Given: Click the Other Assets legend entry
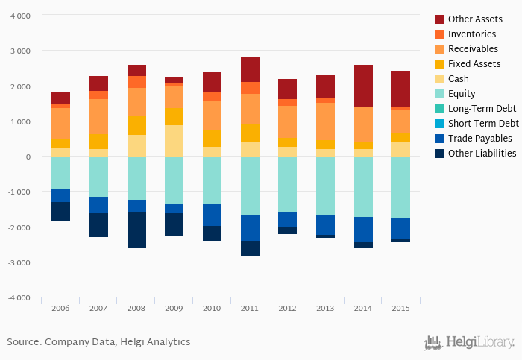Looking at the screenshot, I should click(474, 19).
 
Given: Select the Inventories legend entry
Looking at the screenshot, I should click(472, 34).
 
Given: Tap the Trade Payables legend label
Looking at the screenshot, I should click(479, 138).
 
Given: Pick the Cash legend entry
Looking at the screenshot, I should click(459, 78).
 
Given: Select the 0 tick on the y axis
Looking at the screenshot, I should click(28, 157).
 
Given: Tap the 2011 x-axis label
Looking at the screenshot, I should click(250, 308).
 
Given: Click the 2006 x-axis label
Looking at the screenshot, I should click(61, 308).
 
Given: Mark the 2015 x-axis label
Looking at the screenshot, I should click(400, 308).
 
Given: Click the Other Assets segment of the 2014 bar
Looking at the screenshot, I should click(363, 86).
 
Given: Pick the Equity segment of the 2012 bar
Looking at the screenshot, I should click(288, 184).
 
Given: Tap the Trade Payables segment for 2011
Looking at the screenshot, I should click(250, 228).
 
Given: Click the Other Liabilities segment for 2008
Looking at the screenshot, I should click(136, 230).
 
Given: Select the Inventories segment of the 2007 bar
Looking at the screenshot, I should click(98, 95).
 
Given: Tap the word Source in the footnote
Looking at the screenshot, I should click(22, 342).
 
